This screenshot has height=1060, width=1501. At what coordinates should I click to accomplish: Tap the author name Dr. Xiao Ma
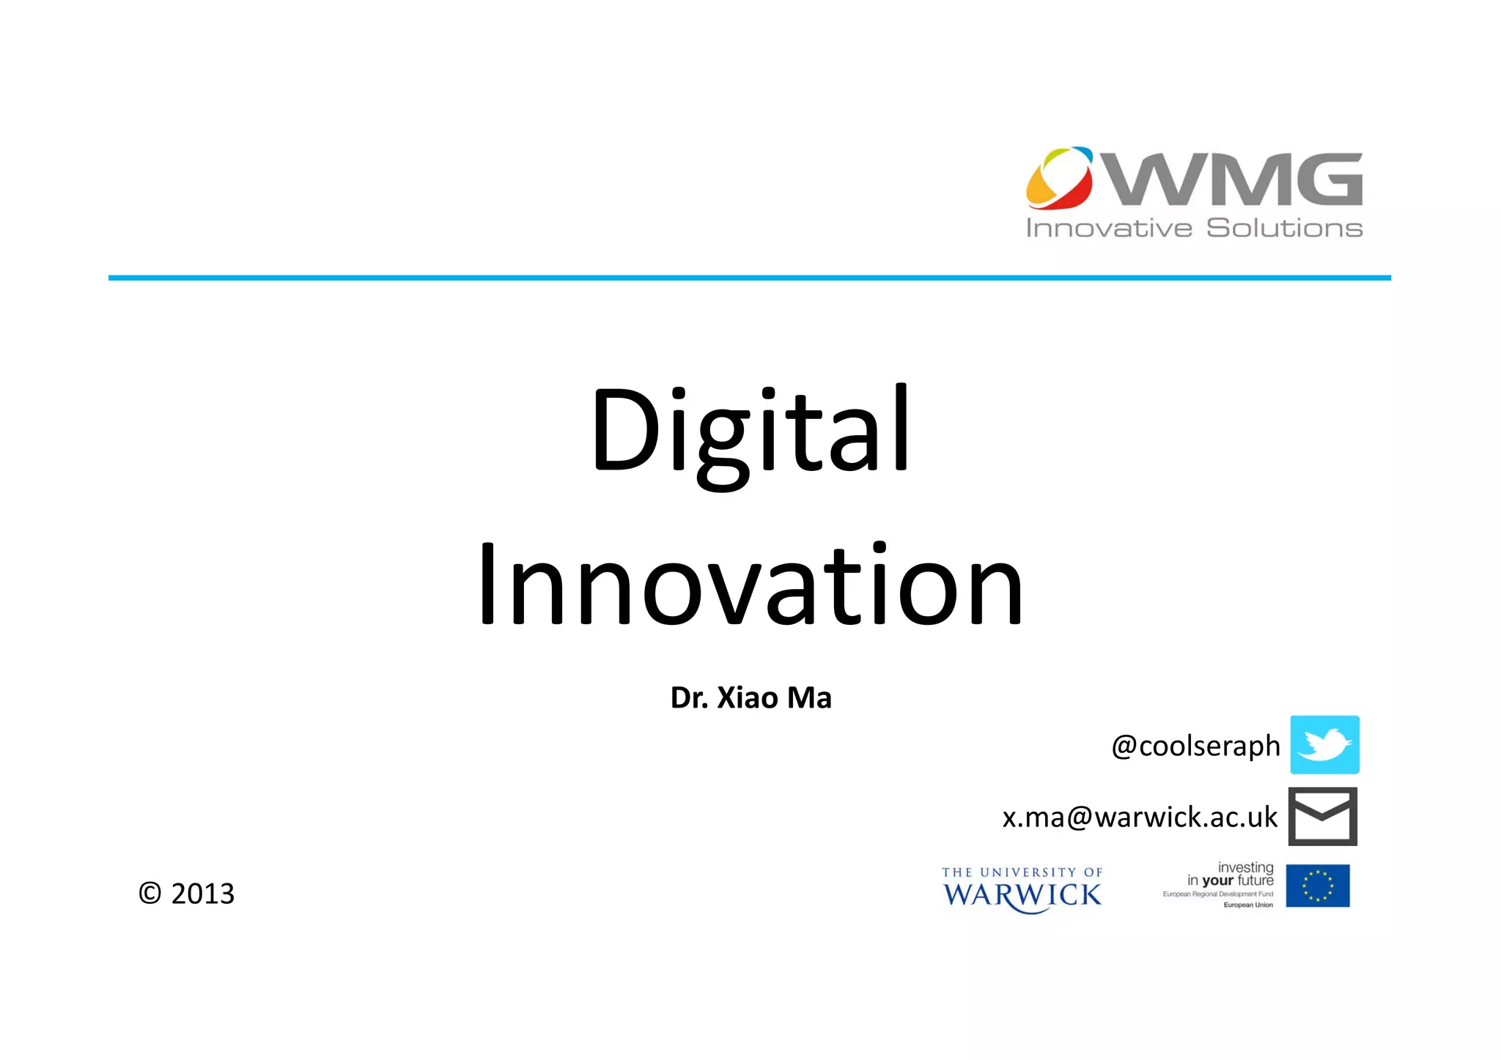(750, 698)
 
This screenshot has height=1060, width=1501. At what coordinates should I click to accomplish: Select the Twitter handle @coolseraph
(1195, 746)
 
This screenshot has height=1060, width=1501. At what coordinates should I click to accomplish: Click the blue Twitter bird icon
(1324, 745)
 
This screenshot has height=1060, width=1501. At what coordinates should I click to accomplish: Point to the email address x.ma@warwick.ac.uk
(1140, 818)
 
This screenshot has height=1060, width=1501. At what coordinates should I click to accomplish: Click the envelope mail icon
(1323, 817)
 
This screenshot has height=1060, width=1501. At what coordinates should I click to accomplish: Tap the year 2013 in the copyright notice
(203, 894)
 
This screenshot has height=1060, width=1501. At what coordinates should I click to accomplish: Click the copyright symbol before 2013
(150, 894)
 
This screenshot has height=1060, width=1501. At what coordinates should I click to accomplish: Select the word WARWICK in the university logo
(1022, 895)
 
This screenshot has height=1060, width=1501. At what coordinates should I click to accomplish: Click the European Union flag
(1317, 886)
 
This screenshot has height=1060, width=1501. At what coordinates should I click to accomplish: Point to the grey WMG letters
(1234, 179)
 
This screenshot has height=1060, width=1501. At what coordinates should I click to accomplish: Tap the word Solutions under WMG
(1284, 229)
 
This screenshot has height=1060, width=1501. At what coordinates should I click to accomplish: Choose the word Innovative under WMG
(1109, 229)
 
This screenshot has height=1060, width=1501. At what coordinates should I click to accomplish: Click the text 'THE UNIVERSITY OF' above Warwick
(1022, 872)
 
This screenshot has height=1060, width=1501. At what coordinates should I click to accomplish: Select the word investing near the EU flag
(1245, 867)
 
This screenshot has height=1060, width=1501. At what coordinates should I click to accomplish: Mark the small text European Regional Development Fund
(1217, 894)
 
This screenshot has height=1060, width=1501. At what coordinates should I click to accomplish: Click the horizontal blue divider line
(750, 278)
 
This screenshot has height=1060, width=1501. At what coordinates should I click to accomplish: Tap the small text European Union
(1248, 905)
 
